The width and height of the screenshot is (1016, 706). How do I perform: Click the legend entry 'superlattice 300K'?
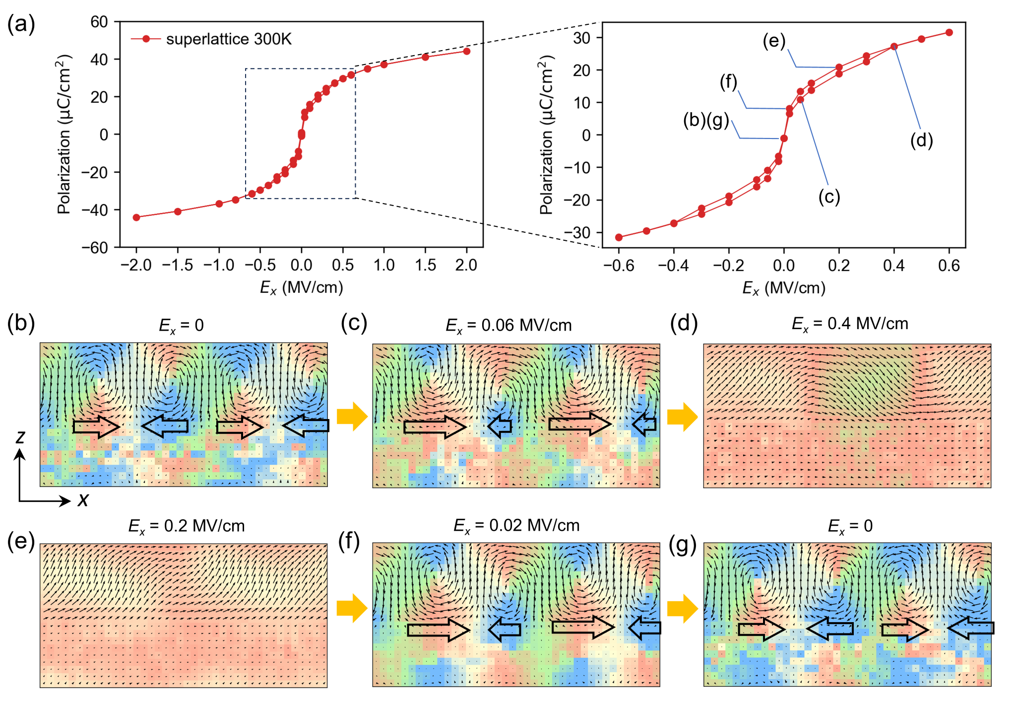(228, 39)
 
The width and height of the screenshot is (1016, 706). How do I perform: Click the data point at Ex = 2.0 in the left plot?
(466, 51)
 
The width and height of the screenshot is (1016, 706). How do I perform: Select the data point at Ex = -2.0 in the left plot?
(136, 217)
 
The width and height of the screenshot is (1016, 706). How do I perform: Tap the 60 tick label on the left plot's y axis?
(99, 22)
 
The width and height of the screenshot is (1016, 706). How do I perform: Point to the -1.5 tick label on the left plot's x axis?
(178, 266)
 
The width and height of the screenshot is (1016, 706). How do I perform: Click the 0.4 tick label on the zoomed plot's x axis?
(893, 266)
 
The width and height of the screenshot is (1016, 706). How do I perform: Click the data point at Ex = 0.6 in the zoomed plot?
(949, 32)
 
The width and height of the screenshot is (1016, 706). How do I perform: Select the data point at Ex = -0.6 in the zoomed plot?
(619, 237)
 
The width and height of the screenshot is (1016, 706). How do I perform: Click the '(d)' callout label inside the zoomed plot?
(921, 141)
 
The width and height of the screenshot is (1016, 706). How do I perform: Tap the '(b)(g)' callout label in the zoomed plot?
(706, 120)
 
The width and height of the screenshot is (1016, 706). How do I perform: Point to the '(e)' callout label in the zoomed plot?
(774, 41)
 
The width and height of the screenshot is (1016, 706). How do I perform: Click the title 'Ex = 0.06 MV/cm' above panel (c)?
(508, 326)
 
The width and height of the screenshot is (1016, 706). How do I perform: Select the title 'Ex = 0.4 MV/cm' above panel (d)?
(850, 324)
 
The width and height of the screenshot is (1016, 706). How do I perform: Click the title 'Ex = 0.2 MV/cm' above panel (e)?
(187, 526)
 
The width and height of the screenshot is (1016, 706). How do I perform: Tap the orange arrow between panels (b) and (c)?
(352, 416)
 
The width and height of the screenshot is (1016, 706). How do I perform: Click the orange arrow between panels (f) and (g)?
(682, 608)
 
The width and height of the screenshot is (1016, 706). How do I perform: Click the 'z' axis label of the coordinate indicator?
(20, 437)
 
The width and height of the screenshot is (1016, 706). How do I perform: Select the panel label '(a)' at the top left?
(21, 24)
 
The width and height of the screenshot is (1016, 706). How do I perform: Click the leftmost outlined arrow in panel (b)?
(96, 426)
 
